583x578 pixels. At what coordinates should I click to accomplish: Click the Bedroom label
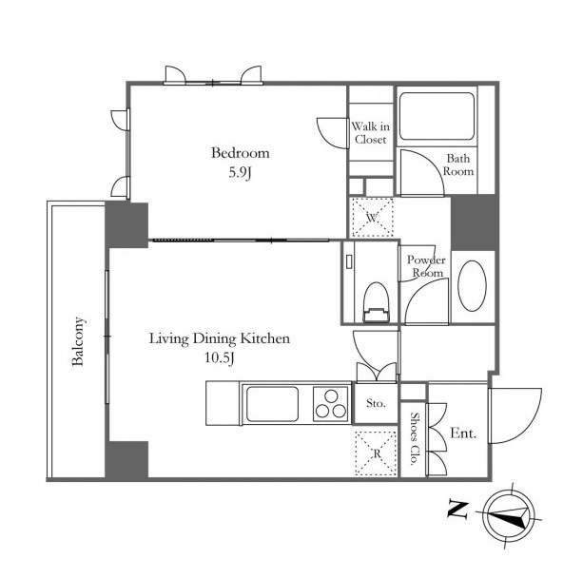point(241,153)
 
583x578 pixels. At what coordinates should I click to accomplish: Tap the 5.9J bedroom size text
point(241,172)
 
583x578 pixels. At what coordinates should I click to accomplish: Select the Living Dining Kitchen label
point(220,338)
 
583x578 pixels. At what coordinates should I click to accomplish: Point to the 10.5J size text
point(220,358)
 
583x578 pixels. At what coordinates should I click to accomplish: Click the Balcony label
point(78,341)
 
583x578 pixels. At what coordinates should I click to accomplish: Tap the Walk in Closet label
point(370,133)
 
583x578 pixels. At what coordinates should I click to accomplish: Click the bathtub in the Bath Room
point(437,116)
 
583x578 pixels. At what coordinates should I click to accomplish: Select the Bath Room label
point(458,164)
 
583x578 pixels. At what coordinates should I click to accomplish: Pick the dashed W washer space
point(373,218)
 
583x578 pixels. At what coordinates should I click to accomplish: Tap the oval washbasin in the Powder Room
point(472,286)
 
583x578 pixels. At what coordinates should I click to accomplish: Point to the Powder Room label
point(426,266)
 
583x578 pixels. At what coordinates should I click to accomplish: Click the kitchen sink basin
point(273,404)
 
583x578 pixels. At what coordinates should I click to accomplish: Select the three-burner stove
point(331,404)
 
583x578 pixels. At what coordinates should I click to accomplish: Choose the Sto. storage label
point(376,403)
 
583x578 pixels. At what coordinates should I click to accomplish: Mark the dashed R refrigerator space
point(376,453)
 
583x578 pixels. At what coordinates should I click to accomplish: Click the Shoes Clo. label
point(414,439)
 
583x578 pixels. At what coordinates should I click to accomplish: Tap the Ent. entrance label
point(463,433)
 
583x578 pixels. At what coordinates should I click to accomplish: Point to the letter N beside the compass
point(457,511)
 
